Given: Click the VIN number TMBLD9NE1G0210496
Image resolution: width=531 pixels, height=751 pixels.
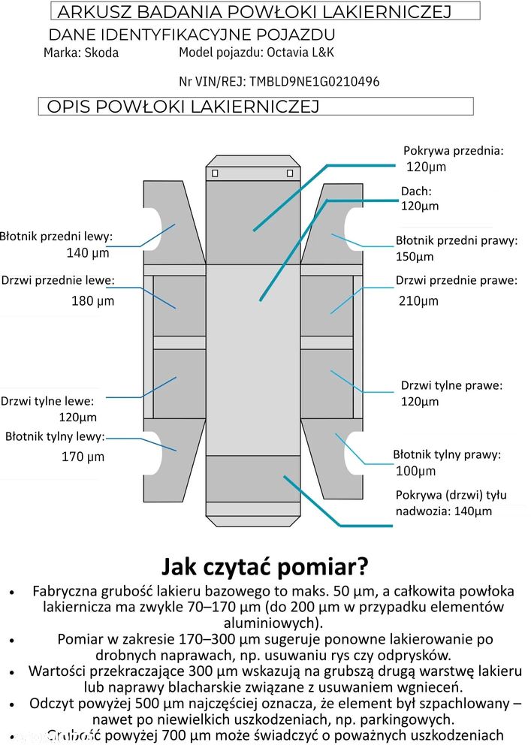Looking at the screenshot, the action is coord(314,81).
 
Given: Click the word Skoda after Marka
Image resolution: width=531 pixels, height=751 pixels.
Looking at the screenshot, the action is coord(101,53).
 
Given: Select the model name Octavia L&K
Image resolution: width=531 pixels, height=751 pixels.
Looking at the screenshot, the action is coord(300,53).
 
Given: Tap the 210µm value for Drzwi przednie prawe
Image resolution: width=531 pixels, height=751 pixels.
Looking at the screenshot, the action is coord(418,301).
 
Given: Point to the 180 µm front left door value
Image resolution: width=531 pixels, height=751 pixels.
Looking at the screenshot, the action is coord(93,301).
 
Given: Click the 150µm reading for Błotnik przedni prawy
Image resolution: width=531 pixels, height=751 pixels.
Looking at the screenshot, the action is coord(415,256).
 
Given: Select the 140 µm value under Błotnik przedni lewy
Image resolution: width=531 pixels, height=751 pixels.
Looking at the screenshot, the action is coord(88,252).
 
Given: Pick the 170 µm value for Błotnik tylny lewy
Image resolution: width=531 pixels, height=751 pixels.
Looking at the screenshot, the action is coord(83,457).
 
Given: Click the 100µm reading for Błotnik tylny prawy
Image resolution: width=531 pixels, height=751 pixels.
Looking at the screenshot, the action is coord(415,471).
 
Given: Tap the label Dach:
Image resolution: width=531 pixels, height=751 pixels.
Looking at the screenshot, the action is coord(416,191).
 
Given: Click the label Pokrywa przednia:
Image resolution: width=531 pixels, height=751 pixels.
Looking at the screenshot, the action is coord(454,151).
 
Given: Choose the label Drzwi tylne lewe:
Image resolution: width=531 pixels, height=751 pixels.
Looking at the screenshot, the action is coord(47,401).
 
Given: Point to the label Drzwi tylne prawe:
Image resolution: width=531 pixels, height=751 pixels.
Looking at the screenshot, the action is coord(451,385).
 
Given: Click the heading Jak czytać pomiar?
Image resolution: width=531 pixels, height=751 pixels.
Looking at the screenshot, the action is coord(265,566).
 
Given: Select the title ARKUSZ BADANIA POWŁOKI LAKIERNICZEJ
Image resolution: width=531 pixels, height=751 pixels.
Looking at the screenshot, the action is coord(255,11).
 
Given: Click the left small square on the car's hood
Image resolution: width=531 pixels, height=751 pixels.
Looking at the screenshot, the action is coord(215,173).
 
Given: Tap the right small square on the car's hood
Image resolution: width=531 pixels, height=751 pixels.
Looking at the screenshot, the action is coord(290,173).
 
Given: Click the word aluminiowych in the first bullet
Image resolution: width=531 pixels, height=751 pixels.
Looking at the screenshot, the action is coord(273,623).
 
